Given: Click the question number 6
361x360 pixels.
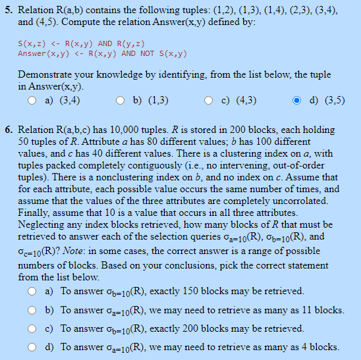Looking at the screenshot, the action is coord(9,130).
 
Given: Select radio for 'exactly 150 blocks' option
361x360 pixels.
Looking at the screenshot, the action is coord(32,291).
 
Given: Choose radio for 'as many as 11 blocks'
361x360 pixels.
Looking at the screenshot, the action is coord(32,310).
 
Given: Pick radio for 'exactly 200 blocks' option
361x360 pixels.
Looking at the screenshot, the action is coord(32,328).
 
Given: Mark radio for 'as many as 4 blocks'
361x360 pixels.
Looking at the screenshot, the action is coord(32,347).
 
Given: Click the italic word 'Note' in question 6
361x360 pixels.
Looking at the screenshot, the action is coord(79,261).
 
